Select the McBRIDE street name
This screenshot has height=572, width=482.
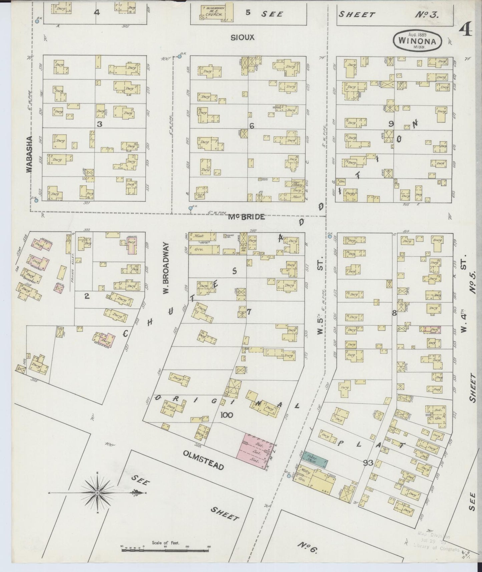pos(247,217)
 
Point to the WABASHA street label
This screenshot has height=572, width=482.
pos(29,154)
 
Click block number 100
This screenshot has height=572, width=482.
pos(227,415)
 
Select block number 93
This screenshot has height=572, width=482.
pos(369,463)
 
